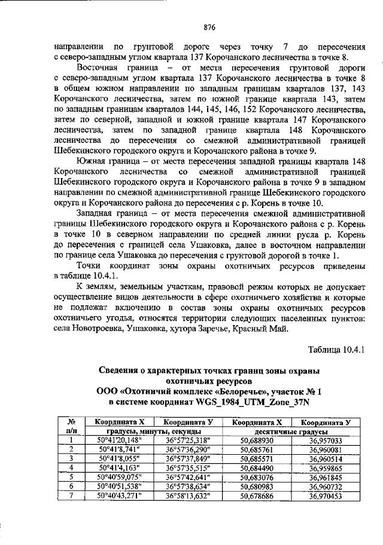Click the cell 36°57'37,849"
coord(191,458)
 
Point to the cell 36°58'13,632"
coord(191,496)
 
